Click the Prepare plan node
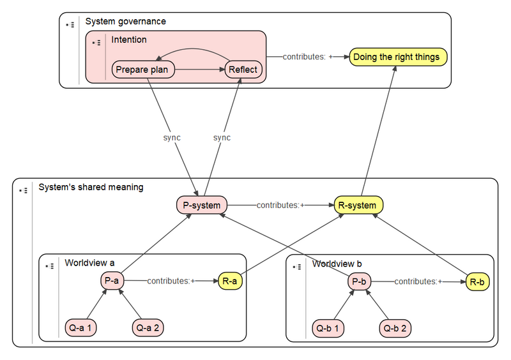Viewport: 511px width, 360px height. tap(143, 70)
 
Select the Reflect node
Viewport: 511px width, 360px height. tap(243, 70)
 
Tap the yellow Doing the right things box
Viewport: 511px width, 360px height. tap(396, 57)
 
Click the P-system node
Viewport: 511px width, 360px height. tap(202, 206)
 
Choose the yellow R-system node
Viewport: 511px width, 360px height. tap(358, 206)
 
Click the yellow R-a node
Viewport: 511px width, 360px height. tap(231, 280)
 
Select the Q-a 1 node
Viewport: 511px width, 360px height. tap(81, 329)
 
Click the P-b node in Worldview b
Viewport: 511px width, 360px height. tap(359, 281)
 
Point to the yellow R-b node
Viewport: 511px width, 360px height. tap(477, 281)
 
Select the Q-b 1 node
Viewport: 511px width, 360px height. tap(328, 329)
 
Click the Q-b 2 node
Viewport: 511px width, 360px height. tap(396, 329)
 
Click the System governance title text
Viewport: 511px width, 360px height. tap(125, 22)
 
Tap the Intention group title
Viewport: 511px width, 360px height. tap(129, 40)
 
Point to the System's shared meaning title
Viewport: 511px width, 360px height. tap(91, 187)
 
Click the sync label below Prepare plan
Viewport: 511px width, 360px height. tap(172, 137)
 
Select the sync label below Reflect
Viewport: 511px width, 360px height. tap(222, 137)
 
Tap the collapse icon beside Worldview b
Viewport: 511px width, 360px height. tap(296, 266)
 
